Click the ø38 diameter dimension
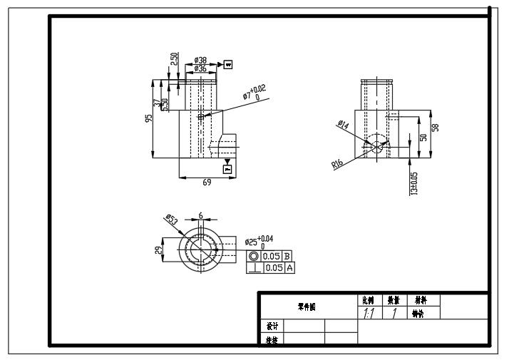click(201, 61)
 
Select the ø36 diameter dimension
click(201, 68)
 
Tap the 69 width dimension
click(207, 182)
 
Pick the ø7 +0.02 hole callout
click(256, 93)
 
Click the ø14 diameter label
click(342, 125)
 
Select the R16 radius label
click(337, 163)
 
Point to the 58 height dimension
click(436, 128)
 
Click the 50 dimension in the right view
click(423, 138)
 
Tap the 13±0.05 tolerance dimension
click(414, 182)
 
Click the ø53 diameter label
click(171, 220)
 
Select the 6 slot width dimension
click(201, 215)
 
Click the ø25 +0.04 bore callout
click(257, 242)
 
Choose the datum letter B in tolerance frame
click(287, 255)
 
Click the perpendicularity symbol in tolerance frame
click(255, 267)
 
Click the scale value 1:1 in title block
click(369, 313)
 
